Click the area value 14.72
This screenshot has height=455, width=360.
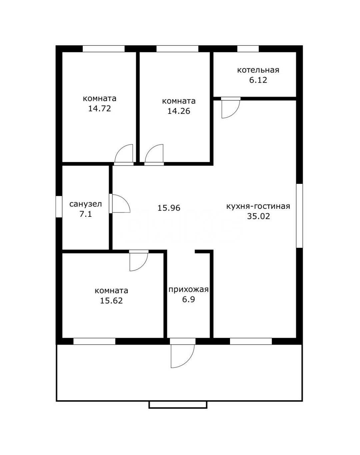click(x=100, y=109)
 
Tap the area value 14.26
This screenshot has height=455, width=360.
click(x=179, y=111)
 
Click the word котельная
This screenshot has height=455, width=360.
click(x=258, y=70)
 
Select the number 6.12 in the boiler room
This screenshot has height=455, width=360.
click(x=258, y=80)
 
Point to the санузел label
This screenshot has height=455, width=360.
click(x=86, y=204)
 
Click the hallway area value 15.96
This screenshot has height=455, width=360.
click(x=169, y=208)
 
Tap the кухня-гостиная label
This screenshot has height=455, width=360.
click(x=258, y=206)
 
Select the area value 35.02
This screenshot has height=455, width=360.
click(x=259, y=216)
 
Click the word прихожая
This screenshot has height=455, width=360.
click(x=188, y=290)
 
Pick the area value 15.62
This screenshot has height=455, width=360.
click(x=111, y=301)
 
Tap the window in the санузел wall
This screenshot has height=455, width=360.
click(x=59, y=206)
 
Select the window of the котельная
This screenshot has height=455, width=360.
click(x=248, y=49)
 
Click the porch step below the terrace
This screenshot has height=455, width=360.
click(x=178, y=405)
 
